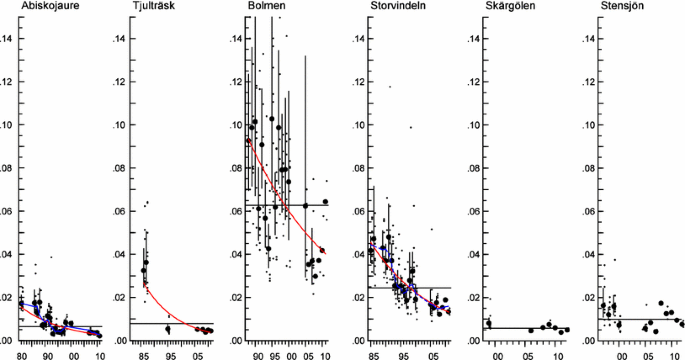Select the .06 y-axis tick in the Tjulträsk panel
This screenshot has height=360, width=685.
[121, 211]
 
